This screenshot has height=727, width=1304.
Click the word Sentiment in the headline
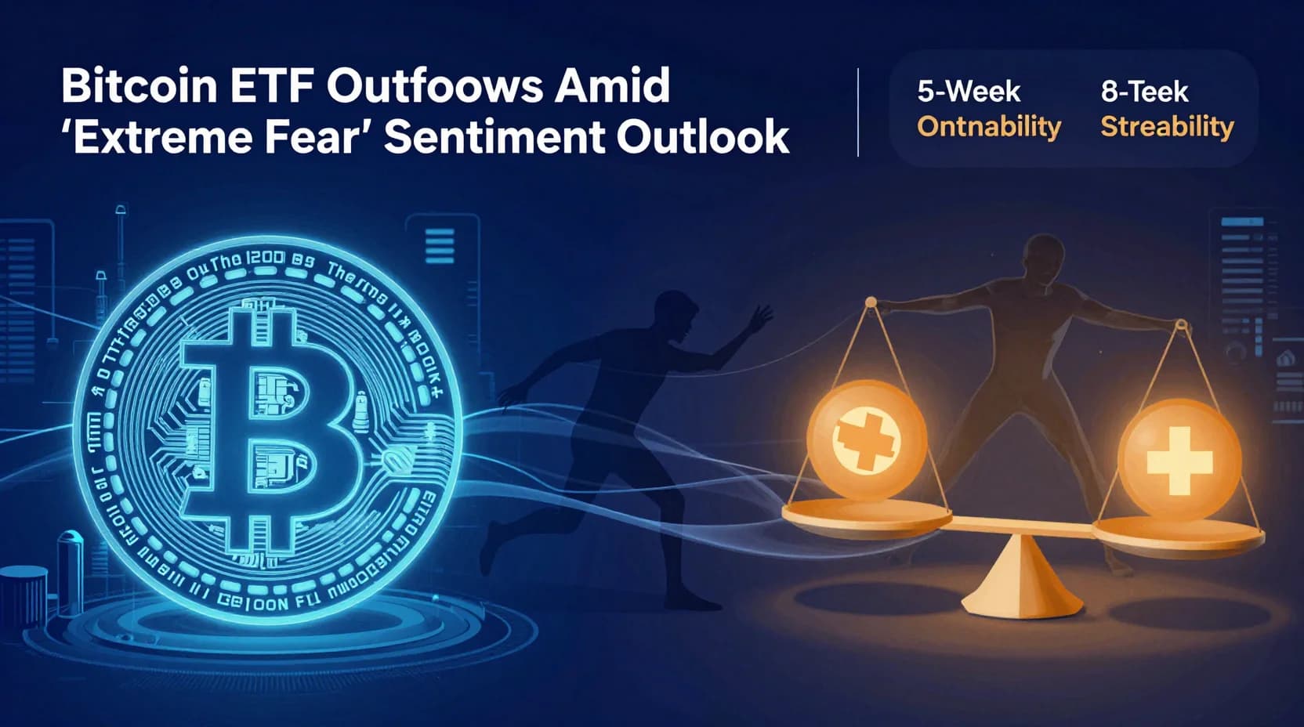tap(494, 136)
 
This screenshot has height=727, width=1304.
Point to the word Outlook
tap(702, 136)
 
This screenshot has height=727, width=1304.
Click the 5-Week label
tap(969, 92)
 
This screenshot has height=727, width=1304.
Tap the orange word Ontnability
tap(989, 127)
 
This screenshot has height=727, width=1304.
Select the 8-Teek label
tap(1144, 92)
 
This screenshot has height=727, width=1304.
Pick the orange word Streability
tap(1167, 127)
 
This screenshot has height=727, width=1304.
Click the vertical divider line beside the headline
tap(859, 112)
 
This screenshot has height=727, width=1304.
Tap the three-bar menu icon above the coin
tap(440, 246)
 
